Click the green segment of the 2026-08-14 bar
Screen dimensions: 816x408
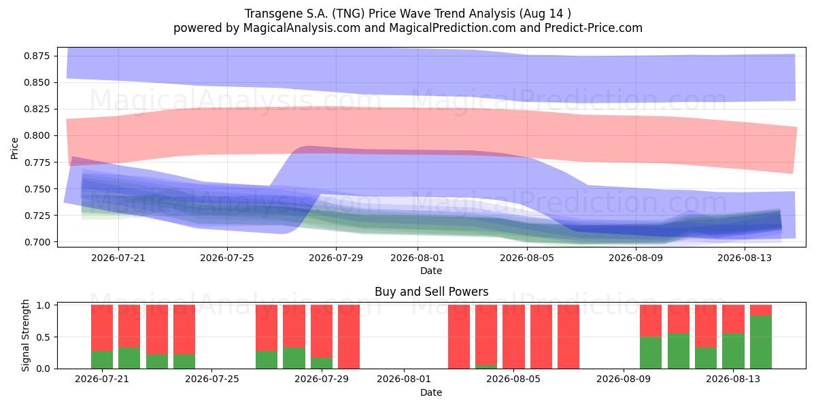click(761, 342)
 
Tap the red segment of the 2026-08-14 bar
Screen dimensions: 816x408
click(761, 310)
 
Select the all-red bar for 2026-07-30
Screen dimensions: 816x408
click(349, 337)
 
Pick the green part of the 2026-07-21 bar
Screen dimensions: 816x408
click(101, 360)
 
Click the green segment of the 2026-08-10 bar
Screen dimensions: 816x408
click(651, 353)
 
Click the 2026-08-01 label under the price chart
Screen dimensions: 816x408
click(418, 258)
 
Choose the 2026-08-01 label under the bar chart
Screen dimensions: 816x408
click(404, 379)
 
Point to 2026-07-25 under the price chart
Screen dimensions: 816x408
click(227, 258)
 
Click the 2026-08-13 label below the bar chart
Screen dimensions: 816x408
click(733, 379)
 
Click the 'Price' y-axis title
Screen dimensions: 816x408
click(14, 148)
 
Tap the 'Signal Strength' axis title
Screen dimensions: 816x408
click(25, 335)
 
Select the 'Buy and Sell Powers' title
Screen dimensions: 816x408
click(431, 292)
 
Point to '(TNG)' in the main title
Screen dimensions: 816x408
click(348, 14)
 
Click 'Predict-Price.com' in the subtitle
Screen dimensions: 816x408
click(594, 28)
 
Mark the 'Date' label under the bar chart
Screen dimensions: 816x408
click(431, 392)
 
